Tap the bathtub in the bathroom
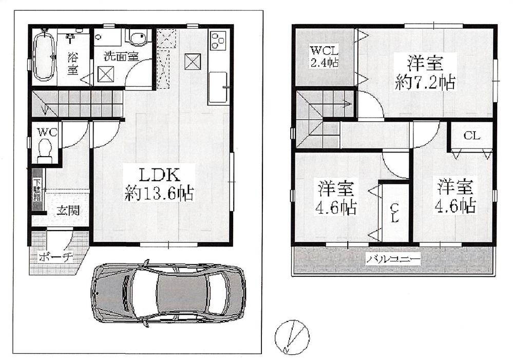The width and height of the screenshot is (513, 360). coord(43,56)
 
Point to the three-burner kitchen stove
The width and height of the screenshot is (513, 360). coord(218,40)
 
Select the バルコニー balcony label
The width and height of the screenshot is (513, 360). coord(393,260)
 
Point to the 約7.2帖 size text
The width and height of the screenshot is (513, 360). coord(425,82)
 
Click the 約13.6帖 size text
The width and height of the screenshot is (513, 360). coord(159,194)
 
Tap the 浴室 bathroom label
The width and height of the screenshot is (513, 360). coord(72,62)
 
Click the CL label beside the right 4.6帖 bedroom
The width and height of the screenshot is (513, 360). coord(471,136)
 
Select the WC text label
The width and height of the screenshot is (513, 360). coord(45,131)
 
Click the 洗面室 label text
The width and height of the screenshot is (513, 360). coord(121,55)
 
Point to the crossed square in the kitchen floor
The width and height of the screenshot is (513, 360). coord(193,61)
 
